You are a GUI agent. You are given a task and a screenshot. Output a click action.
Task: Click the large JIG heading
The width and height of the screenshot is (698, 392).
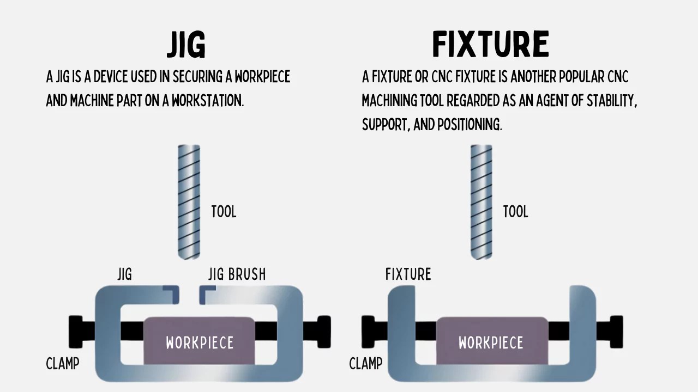[186, 45]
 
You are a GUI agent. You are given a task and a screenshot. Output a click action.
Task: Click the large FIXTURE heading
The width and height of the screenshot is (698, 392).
[490, 45]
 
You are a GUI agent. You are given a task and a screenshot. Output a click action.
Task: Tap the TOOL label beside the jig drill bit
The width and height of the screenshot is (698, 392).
[224, 212]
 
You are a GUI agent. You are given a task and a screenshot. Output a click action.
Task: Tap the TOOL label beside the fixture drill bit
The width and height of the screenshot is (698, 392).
[515, 212]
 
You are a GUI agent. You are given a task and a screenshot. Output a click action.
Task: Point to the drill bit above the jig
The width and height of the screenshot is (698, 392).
[189, 201]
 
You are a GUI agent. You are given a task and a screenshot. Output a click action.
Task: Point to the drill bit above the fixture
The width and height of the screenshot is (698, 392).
[482, 201]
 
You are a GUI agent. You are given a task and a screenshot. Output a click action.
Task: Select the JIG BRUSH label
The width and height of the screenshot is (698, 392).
[237, 274]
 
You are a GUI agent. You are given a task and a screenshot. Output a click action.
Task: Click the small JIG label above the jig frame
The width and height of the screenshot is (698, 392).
[125, 274]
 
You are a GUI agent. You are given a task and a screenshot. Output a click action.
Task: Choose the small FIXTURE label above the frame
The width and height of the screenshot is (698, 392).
[408, 274]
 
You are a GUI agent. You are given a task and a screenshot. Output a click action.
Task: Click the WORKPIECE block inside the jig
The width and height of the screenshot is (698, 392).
[200, 341]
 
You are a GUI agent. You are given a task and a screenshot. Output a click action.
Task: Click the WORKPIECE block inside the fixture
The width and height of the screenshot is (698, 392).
[491, 341]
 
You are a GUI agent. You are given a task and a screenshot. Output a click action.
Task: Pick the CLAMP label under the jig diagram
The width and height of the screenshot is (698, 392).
[63, 363]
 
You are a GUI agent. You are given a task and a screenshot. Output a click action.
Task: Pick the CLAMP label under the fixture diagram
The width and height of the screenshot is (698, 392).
[366, 363]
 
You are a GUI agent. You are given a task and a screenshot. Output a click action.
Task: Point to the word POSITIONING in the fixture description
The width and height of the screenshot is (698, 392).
[470, 125]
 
